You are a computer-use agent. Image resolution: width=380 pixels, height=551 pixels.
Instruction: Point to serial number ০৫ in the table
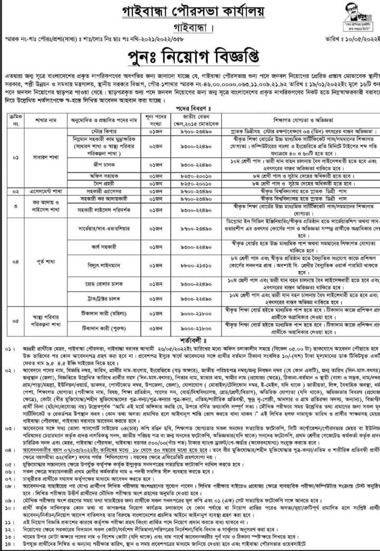[x=14, y=320]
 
